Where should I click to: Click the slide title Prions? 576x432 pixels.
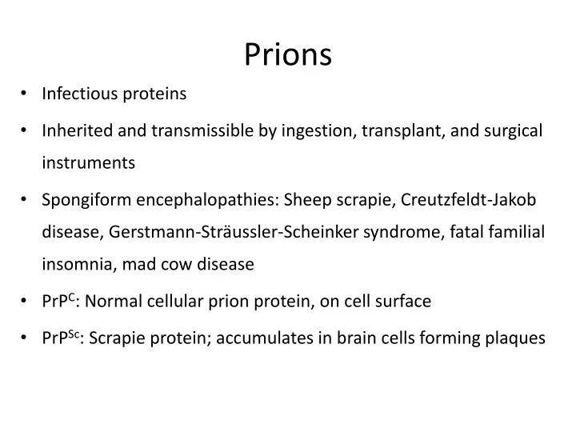pyautogui.click(x=287, y=54)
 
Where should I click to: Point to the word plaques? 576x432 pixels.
pyautogui.click(x=518, y=338)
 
